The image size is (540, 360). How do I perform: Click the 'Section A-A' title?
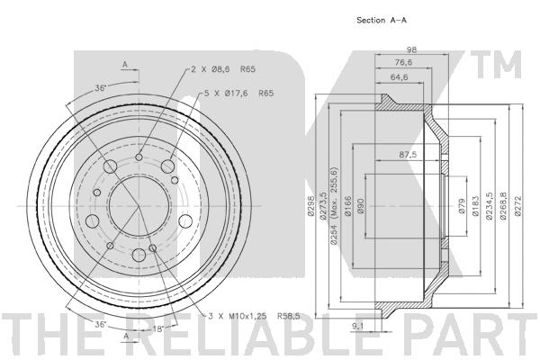click(x=382, y=20)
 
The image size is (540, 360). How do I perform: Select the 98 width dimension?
click(x=411, y=49)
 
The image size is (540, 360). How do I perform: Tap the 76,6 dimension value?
click(x=403, y=62)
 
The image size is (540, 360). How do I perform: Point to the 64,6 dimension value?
click(x=399, y=76)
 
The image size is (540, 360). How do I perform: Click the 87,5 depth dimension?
click(x=408, y=154)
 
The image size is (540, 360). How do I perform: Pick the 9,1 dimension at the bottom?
click(x=358, y=326)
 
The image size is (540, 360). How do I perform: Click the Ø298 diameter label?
click(x=311, y=206)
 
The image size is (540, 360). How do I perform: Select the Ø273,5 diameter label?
click(x=323, y=206)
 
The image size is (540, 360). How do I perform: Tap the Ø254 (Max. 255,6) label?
click(x=334, y=206)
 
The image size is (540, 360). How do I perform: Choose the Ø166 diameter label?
click(x=348, y=206)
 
